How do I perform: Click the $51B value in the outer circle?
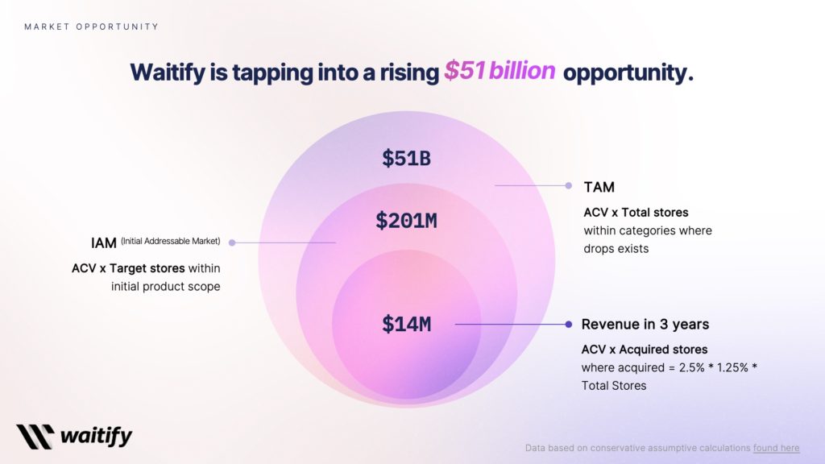(x=406, y=159)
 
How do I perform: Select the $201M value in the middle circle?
(x=406, y=220)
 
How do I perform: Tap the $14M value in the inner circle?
(x=406, y=325)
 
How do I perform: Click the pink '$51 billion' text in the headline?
(x=500, y=72)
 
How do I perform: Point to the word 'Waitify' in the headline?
(x=170, y=72)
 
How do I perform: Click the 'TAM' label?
(x=599, y=187)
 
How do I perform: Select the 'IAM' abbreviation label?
(x=104, y=242)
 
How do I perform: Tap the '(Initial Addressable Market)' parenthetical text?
(x=171, y=241)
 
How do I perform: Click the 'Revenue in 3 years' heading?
(x=645, y=325)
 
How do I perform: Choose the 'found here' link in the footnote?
(x=777, y=448)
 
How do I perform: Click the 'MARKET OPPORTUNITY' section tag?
(x=91, y=27)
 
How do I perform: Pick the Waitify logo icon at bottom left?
(x=35, y=436)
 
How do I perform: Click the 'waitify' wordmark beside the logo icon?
(x=96, y=437)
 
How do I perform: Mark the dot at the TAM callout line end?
(x=569, y=185)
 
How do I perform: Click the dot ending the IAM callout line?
(x=232, y=242)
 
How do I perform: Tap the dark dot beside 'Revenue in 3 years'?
(x=569, y=324)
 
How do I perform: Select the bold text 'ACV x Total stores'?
(x=636, y=213)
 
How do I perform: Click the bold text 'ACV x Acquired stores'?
(x=645, y=350)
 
